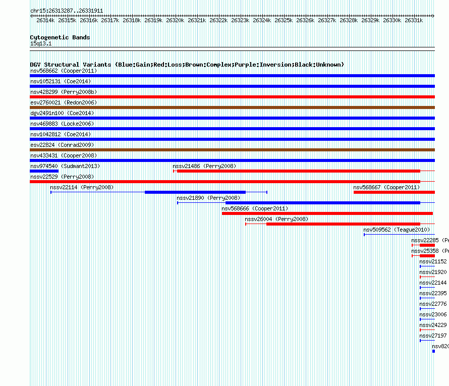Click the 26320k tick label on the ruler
(x=175, y=20)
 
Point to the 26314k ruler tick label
(x=45, y=20)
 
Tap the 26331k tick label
(x=414, y=20)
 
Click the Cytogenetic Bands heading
(x=60, y=37)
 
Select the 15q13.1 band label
(x=40, y=43)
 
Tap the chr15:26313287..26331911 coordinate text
(x=67, y=11)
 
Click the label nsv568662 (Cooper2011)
(x=63, y=71)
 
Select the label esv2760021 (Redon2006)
(x=63, y=102)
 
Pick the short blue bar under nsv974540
(x=44, y=171)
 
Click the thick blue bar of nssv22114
(x=195, y=192)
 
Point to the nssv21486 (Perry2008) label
(x=204, y=166)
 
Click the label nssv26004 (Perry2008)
(x=276, y=219)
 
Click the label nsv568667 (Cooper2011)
(x=386, y=187)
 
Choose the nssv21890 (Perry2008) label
(x=208, y=198)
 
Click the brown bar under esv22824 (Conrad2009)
(x=232, y=150)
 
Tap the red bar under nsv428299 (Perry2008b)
(x=232, y=97)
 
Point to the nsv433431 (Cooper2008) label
(x=63, y=155)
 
